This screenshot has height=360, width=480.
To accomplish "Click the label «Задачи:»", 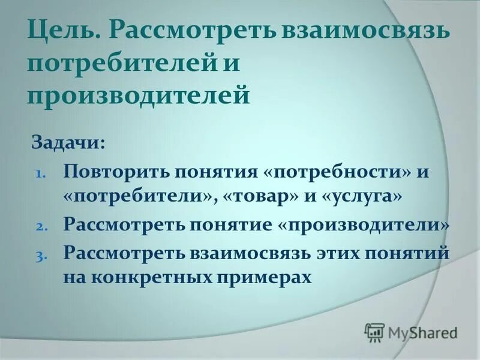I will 68,144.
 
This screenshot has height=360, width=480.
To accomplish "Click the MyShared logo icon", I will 374,332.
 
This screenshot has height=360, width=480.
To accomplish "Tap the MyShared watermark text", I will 422,332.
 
